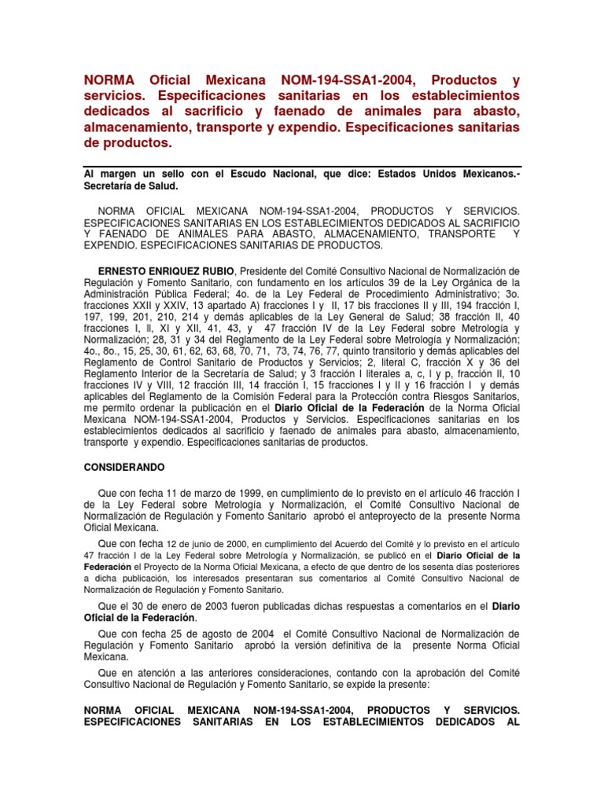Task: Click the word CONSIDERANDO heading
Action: click(124, 467)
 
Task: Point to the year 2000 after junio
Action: click(234, 543)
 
